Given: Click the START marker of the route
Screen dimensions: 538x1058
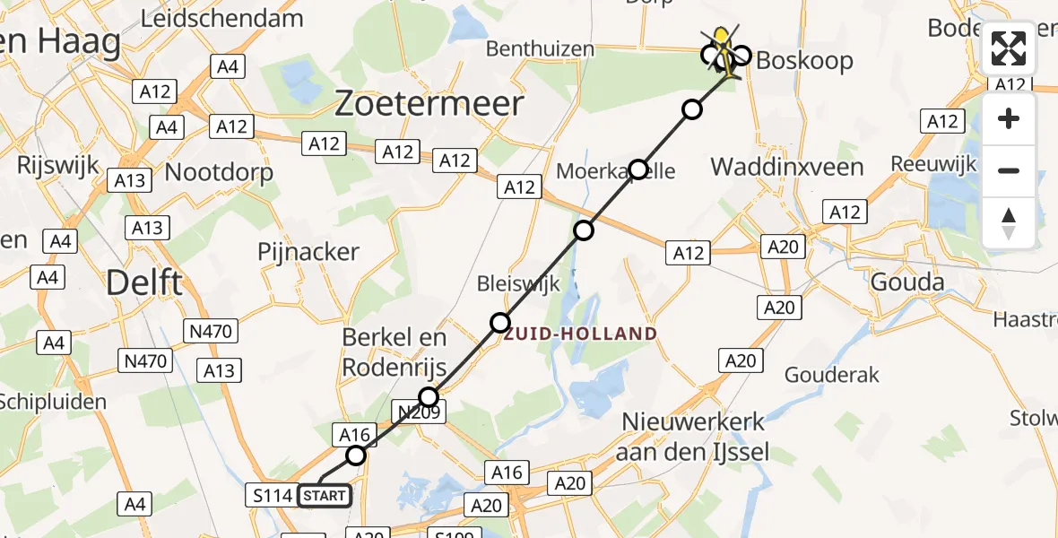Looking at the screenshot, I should coord(324,495).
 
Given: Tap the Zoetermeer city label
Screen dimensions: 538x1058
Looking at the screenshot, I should coord(429,104).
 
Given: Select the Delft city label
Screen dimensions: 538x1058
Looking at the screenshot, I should coord(143,282).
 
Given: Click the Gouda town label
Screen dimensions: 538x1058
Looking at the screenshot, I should coord(907,283).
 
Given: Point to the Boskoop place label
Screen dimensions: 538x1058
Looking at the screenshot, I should coord(804,61).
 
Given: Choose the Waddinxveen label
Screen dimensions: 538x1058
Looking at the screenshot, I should coord(786,166).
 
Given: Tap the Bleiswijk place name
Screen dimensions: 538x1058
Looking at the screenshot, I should coord(519,284).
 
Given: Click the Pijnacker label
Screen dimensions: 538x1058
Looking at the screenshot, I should coord(308,252).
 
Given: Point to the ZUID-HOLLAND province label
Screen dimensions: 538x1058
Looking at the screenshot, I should coord(579,334).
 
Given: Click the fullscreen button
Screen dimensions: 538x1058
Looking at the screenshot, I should coord(1009,49).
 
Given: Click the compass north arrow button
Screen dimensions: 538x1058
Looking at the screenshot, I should coord(1009,222).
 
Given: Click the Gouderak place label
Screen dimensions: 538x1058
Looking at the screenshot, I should coord(832,375).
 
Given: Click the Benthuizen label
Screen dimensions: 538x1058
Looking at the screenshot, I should coord(540,48).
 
